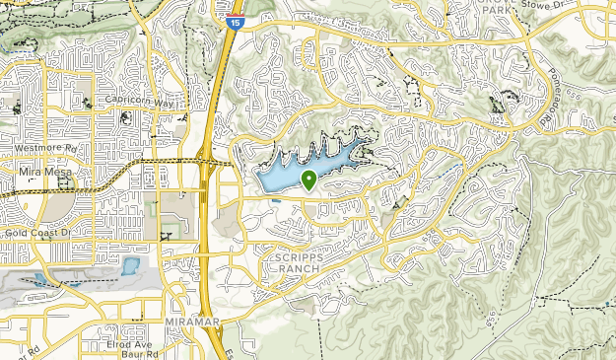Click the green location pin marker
pyautogui.click(x=308, y=180)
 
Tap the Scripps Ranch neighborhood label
pyautogui.click(x=294, y=262)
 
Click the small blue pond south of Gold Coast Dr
pyautogui.click(x=130, y=265)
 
